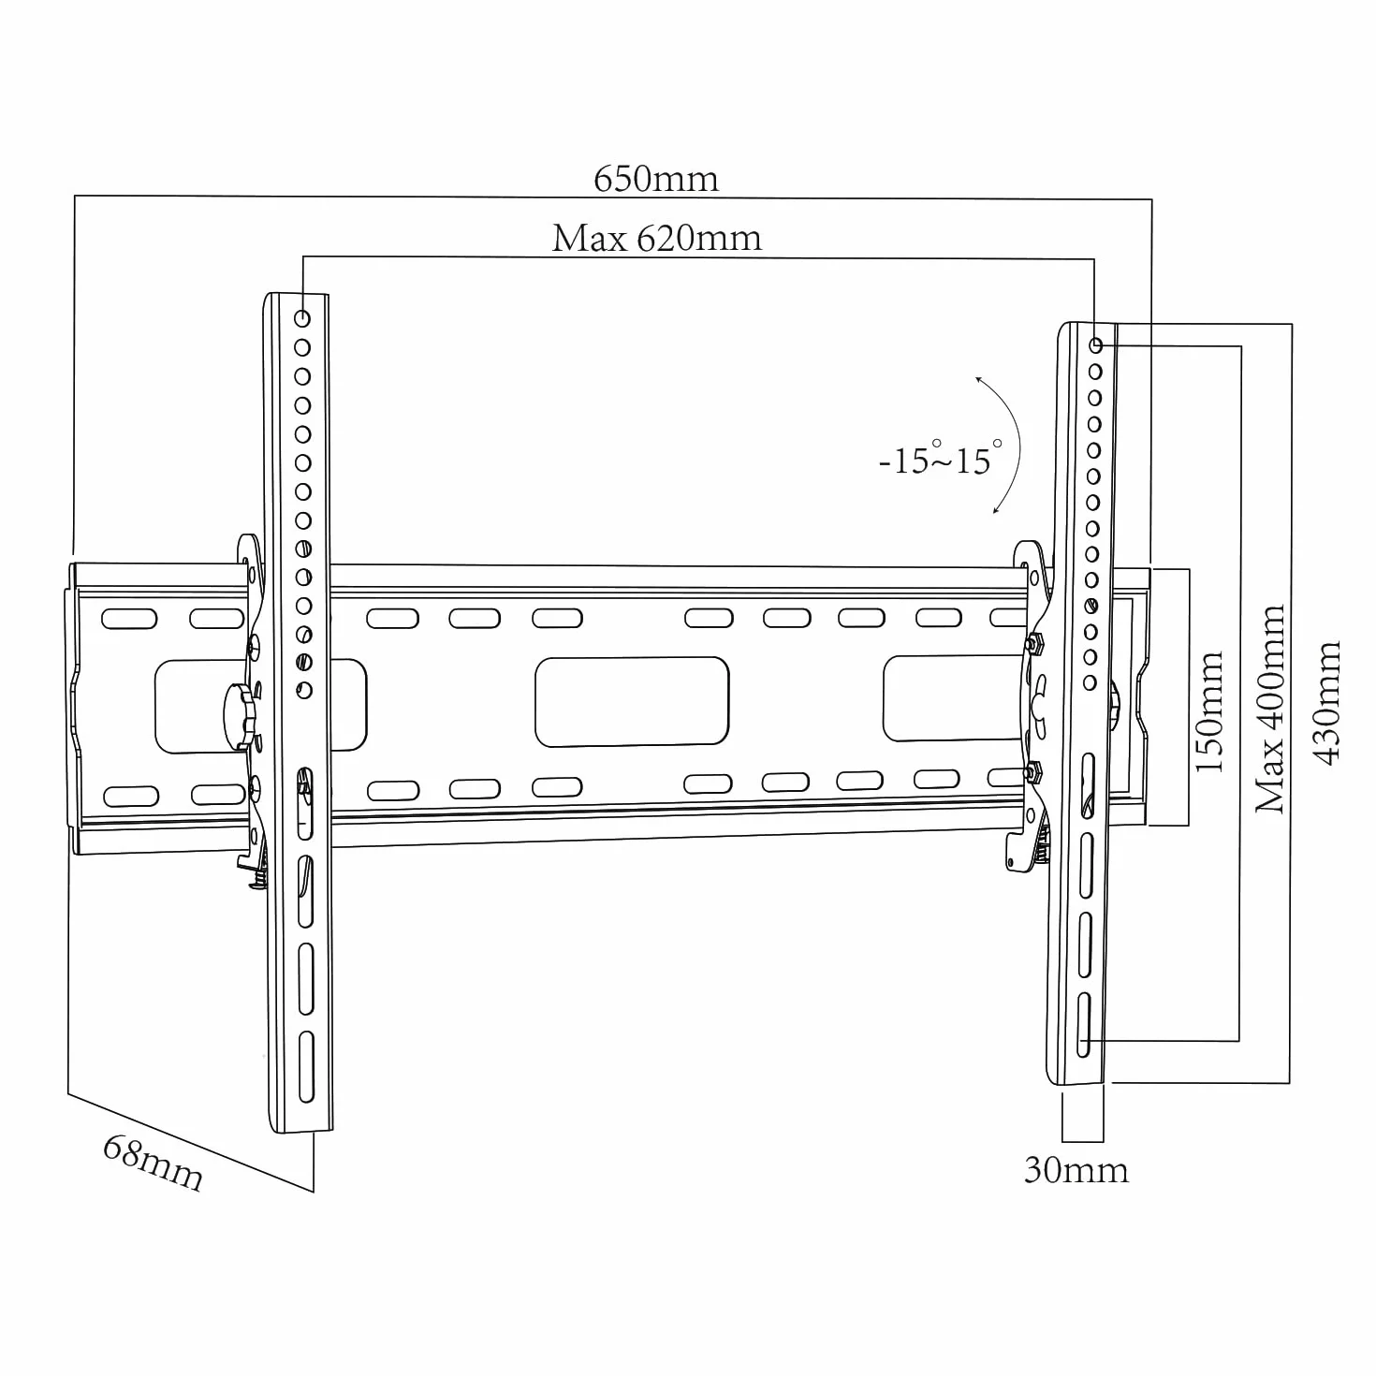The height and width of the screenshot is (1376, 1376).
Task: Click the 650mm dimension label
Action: coord(655,179)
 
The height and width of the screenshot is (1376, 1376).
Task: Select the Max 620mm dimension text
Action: coord(656,239)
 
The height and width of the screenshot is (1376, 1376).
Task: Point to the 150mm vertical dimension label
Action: coord(1209,711)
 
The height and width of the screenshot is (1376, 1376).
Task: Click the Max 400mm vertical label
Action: coord(1269,710)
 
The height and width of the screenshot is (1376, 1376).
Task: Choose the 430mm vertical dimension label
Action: coord(1327,703)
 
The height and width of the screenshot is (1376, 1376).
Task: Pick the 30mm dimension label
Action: coord(1076,1170)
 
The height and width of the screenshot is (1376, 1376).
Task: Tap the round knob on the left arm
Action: coord(240,716)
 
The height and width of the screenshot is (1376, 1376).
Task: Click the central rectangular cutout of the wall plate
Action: coord(632,702)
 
